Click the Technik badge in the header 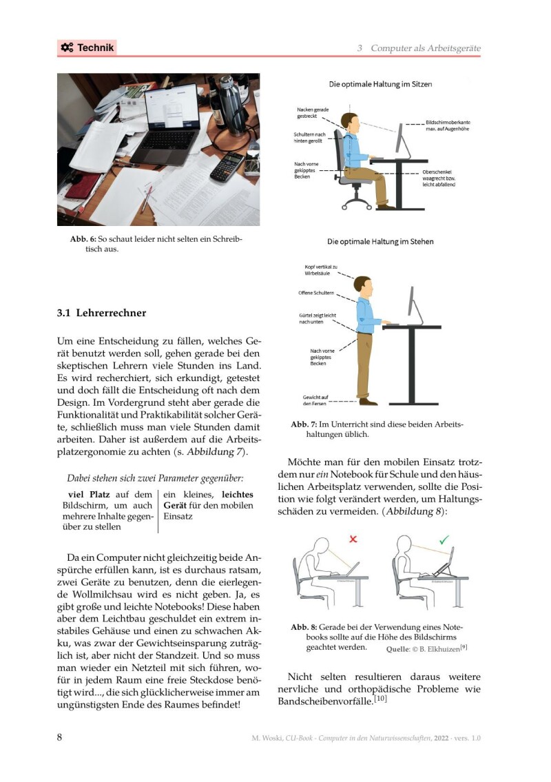pos(87,48)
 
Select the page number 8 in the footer pos(60,737)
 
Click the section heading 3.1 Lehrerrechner pos(101,313)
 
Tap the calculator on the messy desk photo pos(227,166)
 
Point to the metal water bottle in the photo pos(227,103)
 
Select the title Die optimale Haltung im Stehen pos(380,242)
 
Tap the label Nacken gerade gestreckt pos(313,113)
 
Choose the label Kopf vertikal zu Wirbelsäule pos(320,270)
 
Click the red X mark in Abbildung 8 pos(353,539)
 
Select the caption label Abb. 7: pos(304,424)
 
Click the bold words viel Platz pos(90,494)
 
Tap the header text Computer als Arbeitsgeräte pos(425,48)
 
